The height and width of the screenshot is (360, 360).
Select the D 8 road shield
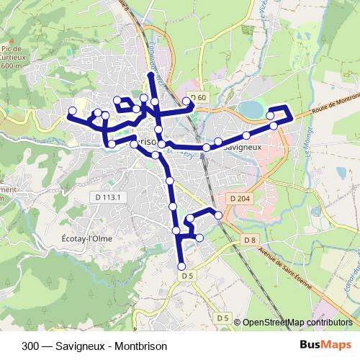tap(250, 239)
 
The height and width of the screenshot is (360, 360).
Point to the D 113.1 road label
tap(109, 197)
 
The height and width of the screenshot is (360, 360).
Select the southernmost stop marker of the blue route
tap(181, 266)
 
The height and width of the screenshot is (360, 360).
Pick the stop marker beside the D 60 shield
tap(187, 101)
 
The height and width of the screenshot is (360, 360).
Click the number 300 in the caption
tap(30, 344)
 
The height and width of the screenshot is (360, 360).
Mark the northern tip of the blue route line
tap(150, 75)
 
